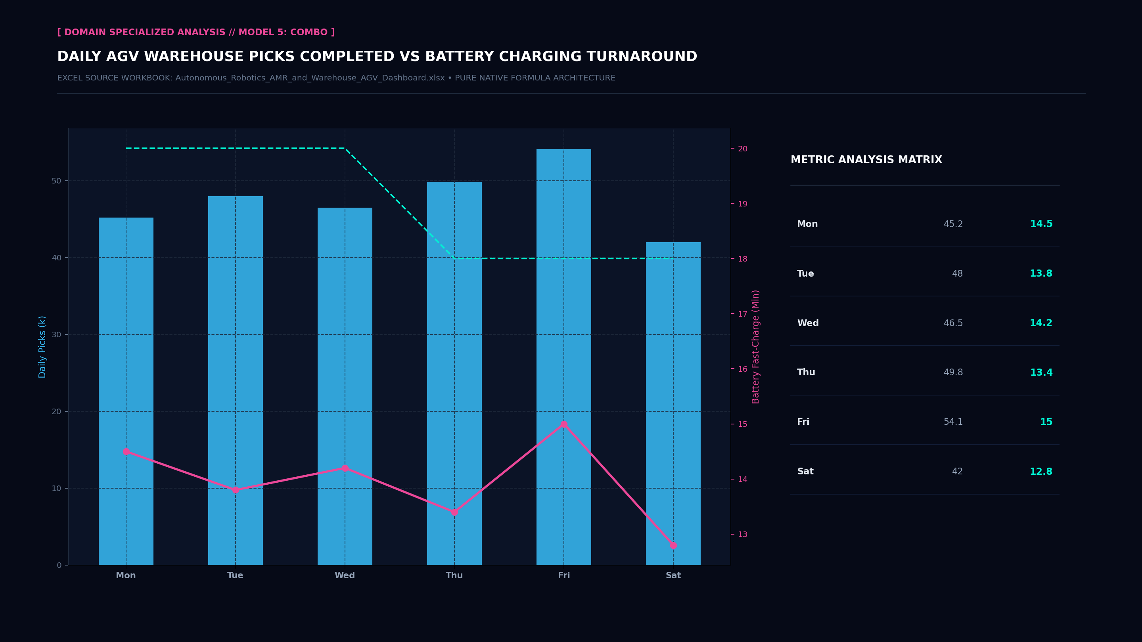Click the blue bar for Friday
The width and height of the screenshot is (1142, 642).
pyautogui.click(x=563, y=357)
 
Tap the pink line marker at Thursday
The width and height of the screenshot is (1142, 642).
pyautogui.click(x=454, y=512)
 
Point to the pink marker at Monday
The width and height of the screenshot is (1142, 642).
pyautogui.click(x=126, y=451)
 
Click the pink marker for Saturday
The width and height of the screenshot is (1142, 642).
pyautogui.click(x=673, y=545)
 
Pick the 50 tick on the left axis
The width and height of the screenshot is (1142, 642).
pyautogui.click(x=56, y=181)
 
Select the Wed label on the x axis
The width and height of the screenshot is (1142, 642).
pyautogui.click(x=345, y=575)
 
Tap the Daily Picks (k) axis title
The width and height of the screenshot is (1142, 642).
pyautogui.click(x=42, y=347)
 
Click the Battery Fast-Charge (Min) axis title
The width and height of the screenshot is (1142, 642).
pyautogui.click(x=755, y=347)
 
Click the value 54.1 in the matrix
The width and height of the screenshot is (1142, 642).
pyautogui.click(x=953, y=422)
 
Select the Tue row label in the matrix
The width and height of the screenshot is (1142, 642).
pyautogui.click(x=805, y=274)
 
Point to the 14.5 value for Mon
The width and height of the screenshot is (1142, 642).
pyautogui.click(x=1041, y=224)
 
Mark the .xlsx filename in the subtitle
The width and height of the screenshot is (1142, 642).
pyautogui.click(x=310, y=78)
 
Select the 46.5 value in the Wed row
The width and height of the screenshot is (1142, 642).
pyautogui.click(x=953, y=323)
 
